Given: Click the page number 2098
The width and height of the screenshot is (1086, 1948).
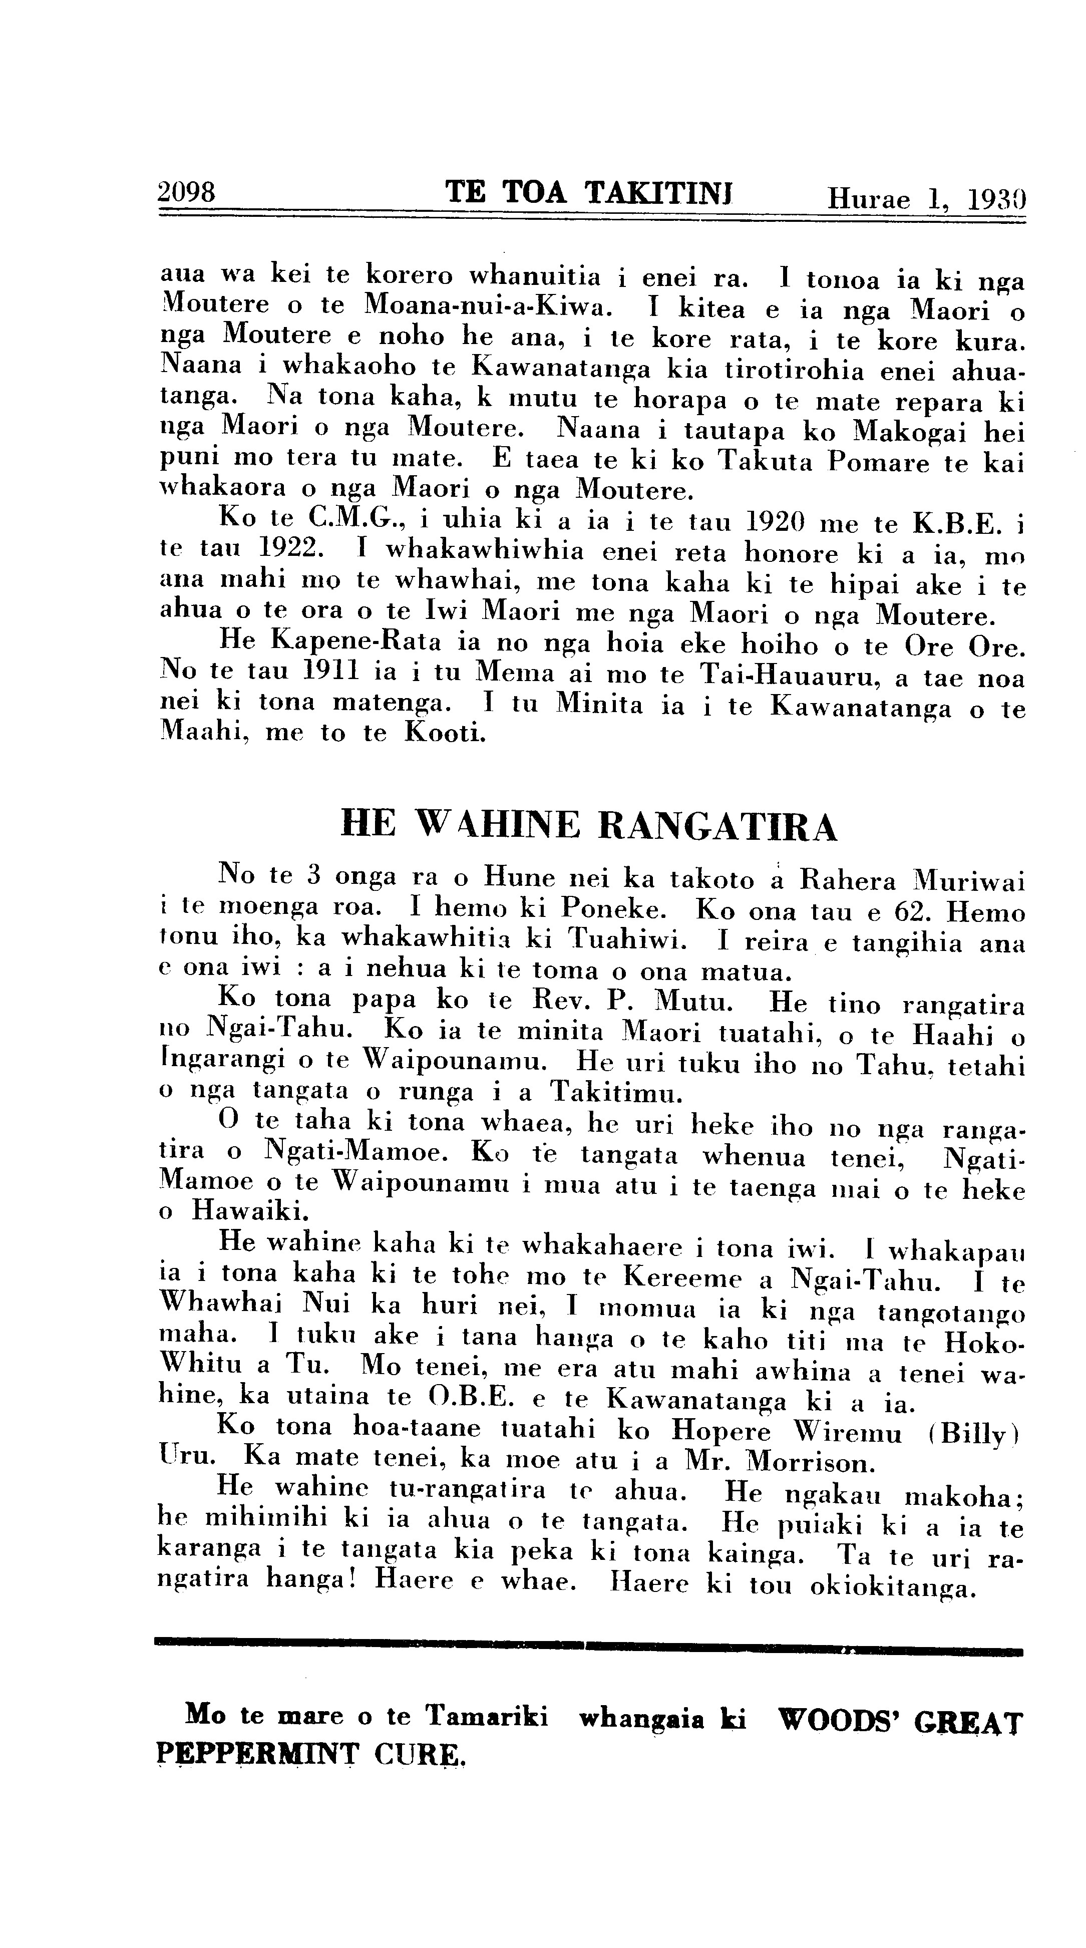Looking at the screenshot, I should coord(187,191).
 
